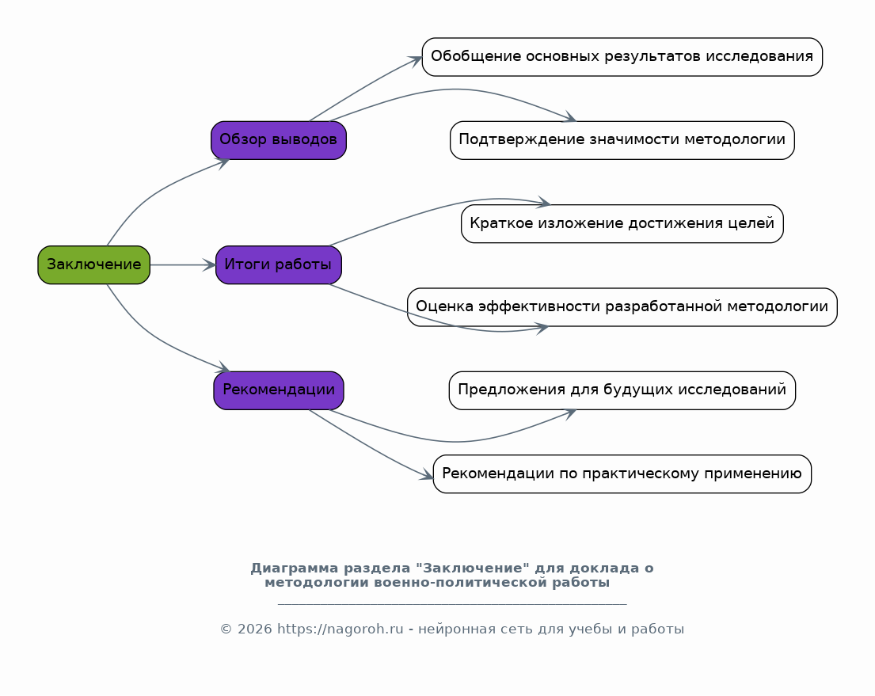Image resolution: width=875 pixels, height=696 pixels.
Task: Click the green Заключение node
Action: coord(93,264)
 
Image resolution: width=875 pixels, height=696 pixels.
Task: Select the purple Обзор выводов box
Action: coord(279,140)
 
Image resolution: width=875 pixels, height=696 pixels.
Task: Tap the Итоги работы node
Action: coord(279,264)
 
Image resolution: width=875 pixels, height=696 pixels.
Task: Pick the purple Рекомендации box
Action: coord(279,390)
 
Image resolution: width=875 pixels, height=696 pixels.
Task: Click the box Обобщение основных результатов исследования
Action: coord(622,57)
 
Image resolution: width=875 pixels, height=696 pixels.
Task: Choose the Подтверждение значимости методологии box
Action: coord(622,140)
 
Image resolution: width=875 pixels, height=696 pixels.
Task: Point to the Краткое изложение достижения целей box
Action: coord(622,223)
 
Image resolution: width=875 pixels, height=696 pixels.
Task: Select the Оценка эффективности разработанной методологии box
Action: coord(622,307)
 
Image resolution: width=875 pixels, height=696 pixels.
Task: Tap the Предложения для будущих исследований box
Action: coord(622,390)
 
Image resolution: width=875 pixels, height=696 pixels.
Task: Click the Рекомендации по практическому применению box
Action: coord(622,474)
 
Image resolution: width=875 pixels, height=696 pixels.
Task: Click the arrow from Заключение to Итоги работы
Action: coord(183,264)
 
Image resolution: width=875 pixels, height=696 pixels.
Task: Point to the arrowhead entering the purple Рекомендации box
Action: coord(223,367)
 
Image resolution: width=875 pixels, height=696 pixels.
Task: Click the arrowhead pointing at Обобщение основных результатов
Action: coord(416,59)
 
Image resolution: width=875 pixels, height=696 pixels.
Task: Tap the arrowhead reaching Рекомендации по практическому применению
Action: coord(427,475)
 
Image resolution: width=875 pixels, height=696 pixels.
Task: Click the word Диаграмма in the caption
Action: coord(294,569)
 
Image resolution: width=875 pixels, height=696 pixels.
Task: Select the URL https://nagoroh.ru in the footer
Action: coord(340,629)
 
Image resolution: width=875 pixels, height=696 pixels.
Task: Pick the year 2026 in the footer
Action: coord(254,629)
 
